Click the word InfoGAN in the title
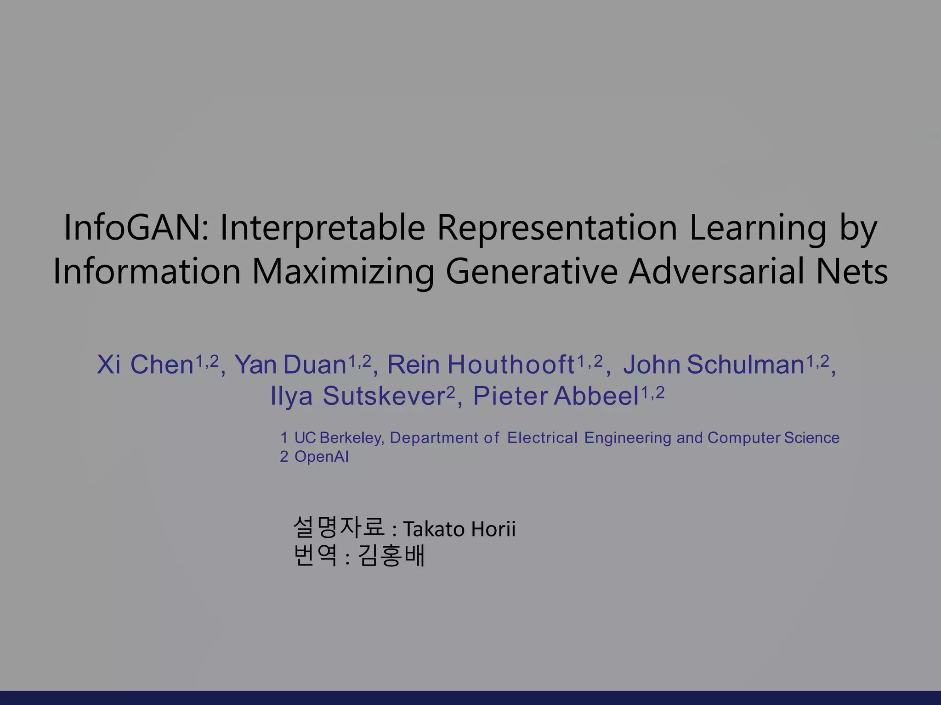(x=136, y=228)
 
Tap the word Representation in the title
(x=557, y=228)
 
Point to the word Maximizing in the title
(x=343, y=272)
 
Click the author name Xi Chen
(x=145, y=365)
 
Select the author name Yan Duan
(x=290, y=365)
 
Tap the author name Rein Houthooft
(x=481, y=365)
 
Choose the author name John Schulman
(x=714, y=365)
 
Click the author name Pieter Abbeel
(x=556, y=397)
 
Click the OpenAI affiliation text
(x=321, y=457)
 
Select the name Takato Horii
(x=459, y=529)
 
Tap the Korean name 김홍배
(x=391, y=556)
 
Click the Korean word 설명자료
(x=339, y=527)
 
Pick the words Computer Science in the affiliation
(x=773, y=438)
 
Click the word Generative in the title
(x=531, y=272)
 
